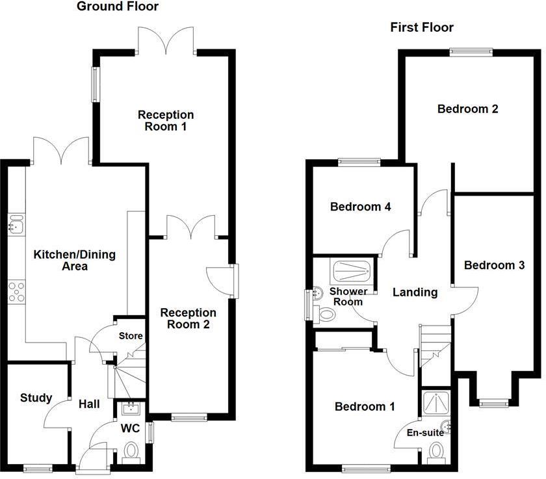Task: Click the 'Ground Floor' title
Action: click(118, 7)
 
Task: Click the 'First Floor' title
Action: click(421, 27)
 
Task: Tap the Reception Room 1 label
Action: click(166, 121)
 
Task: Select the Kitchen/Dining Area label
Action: click(74, 260)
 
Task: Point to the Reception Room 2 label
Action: click(188, 318)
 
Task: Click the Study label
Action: click(36, 398)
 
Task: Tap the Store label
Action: click(131, 336)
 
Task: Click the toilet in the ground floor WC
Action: click(131, 450)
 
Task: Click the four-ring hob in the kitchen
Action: click(16, 292)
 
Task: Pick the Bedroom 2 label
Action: click(467, 109)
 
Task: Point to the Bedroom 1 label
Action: click(364, 407)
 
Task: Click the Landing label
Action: click(415, 292)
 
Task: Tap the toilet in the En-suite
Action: click(435, 450)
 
